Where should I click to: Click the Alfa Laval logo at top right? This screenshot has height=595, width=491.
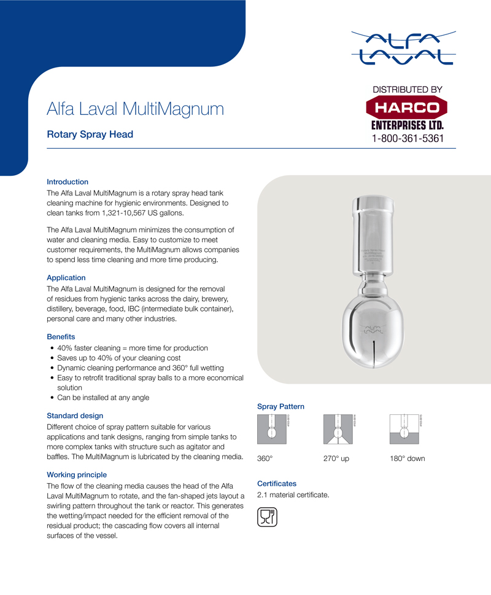click(x=403, y=47)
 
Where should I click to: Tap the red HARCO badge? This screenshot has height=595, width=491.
click(x=407, y=108)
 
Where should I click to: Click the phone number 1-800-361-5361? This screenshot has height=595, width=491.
click(x=407, y=138)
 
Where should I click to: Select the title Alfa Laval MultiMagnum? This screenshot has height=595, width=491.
click(x=135, y=109)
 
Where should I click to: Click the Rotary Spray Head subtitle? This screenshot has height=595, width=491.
click(x=90, y=135)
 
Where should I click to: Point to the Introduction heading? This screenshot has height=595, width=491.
click(x=68, y=182)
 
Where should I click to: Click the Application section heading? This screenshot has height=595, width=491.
click(x=66, y=278)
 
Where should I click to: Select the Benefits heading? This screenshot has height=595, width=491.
click(x=61, y=337)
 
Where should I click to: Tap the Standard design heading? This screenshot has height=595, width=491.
click(x=75, y=416)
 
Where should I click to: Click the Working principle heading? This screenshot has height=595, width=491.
click(x=77, y=475)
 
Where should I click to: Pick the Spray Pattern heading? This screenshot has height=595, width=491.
click(x=280, y=406)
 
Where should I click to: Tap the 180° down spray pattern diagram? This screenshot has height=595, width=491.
click(x=403, y=430)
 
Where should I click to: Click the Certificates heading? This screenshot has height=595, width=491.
click(x=277, y=484)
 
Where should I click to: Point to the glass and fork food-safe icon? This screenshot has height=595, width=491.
click(x=268, y=517)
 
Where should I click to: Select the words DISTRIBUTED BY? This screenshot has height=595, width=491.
click(x=408, y=90)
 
